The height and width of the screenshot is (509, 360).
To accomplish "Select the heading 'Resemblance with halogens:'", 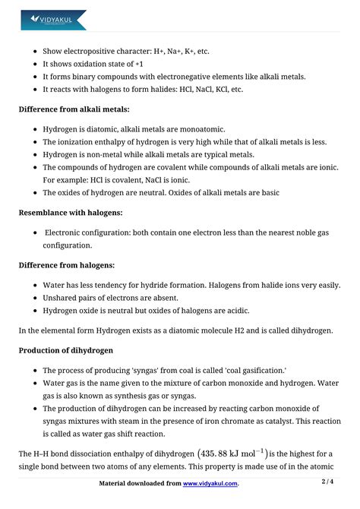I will point(71,213).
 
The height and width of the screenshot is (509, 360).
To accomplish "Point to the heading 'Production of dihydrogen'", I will point(66,350).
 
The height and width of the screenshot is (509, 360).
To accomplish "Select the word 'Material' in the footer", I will point(118,484).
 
